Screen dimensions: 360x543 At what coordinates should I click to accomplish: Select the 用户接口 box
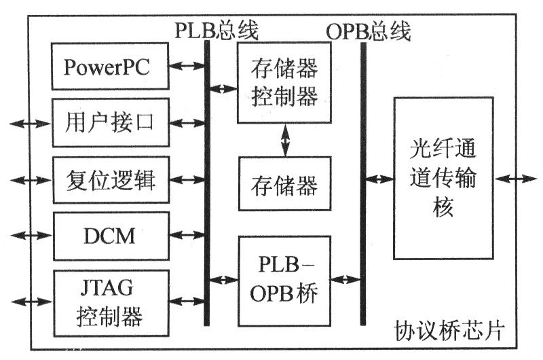(110, 123)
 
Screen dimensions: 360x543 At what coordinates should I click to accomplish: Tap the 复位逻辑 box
(110, 181)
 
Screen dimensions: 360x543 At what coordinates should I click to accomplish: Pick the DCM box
(110, 236)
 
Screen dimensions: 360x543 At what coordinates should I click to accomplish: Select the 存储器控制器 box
(284, 83)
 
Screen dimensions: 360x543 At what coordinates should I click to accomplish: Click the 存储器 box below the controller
(284, 184)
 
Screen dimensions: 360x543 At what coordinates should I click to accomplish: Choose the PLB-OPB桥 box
(284, 279)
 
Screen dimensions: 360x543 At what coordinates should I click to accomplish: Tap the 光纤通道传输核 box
(443, 178)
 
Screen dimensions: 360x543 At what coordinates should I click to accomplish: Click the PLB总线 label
(217, 31)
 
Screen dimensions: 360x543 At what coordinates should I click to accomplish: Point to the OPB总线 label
(369, 31)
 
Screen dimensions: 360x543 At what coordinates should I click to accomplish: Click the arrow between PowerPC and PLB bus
(187, 66)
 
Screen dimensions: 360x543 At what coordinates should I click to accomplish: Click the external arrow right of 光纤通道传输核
(516, 179)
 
